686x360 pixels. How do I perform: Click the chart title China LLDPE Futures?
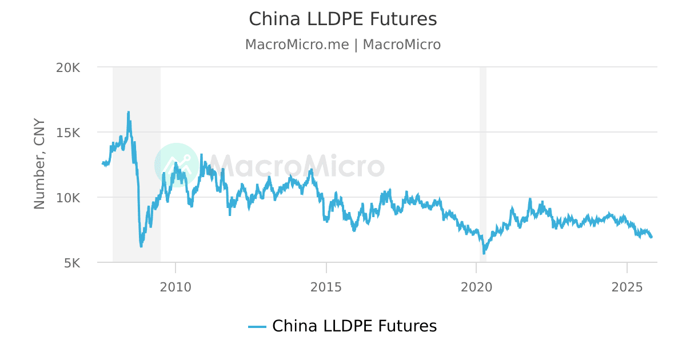[343, 19]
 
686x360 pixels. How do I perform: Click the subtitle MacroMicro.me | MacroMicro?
[343, 45]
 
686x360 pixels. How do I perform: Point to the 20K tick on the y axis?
[68, 67]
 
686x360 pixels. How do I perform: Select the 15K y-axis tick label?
[68, 133]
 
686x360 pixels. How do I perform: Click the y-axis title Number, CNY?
[39, 164]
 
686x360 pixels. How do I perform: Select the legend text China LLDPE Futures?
[354, 326]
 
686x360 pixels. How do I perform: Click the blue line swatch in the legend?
[257, 327]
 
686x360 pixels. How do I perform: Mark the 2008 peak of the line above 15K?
[129, 113]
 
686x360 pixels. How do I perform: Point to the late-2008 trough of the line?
[141, 246]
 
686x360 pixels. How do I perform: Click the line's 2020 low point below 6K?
[484, 253]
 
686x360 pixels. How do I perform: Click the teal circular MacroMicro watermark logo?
[177, 165]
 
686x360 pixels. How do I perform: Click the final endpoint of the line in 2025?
[651, 237]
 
